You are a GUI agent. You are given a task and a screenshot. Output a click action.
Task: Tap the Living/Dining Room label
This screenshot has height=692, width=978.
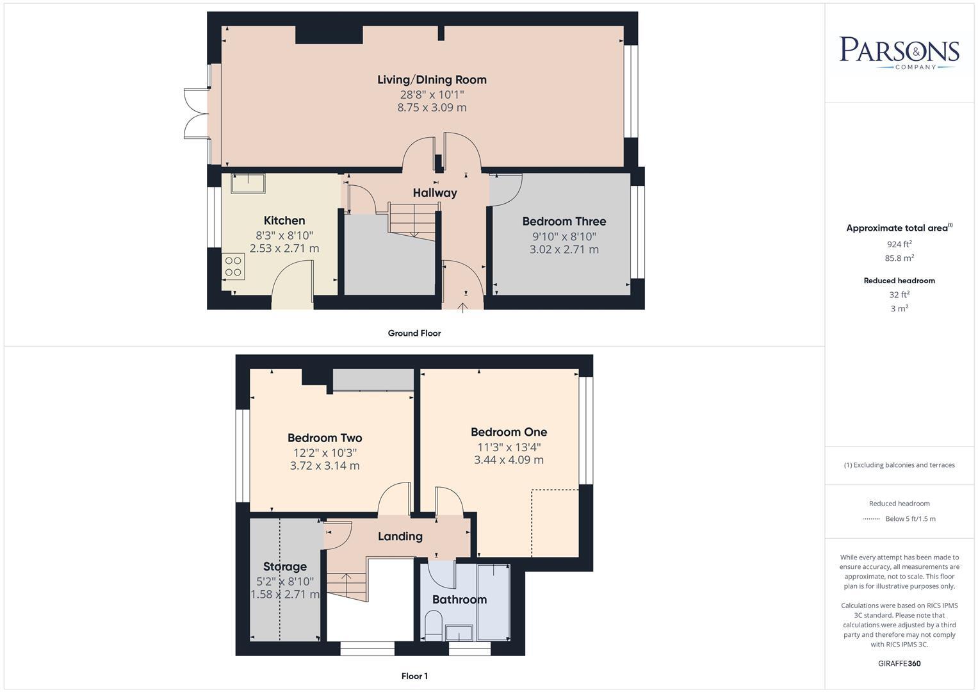[432, 79]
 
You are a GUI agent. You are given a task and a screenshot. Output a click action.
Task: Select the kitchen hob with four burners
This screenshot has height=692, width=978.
[233, 267]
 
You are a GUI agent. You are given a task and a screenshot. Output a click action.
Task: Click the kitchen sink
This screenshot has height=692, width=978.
[248, 183]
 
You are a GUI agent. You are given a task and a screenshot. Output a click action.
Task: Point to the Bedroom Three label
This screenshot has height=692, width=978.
[564, 221]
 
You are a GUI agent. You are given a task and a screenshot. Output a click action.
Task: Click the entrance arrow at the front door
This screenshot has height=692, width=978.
[462, 308]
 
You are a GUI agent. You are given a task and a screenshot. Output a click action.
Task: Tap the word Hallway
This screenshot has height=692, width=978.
[435, 193]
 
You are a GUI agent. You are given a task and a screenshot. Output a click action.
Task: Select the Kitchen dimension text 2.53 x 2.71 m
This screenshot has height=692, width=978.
[284, 249]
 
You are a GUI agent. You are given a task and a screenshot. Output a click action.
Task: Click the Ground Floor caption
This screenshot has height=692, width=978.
[414, 333]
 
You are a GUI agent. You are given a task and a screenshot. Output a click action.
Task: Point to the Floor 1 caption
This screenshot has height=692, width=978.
[414, 676]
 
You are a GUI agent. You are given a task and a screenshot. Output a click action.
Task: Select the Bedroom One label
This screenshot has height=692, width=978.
[509, 432]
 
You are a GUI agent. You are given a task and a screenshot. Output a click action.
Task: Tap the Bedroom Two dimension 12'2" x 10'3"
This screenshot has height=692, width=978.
[325, 452]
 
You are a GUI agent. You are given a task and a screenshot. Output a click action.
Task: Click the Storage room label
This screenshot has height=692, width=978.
[285, 566]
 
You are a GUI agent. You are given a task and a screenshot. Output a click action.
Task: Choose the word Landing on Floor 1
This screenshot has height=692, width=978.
[400, 536]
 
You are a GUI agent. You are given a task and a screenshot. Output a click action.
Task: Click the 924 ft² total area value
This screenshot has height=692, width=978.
[899, 244]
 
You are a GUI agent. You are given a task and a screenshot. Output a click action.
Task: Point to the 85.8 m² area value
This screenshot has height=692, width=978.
[899, 258]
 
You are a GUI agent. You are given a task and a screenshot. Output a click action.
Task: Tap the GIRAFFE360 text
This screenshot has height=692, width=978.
[899, 663]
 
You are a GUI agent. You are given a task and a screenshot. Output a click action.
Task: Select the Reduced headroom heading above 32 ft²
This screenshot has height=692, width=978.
[899, 281]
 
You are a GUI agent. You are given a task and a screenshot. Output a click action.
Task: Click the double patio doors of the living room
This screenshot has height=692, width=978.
[195, 114]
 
